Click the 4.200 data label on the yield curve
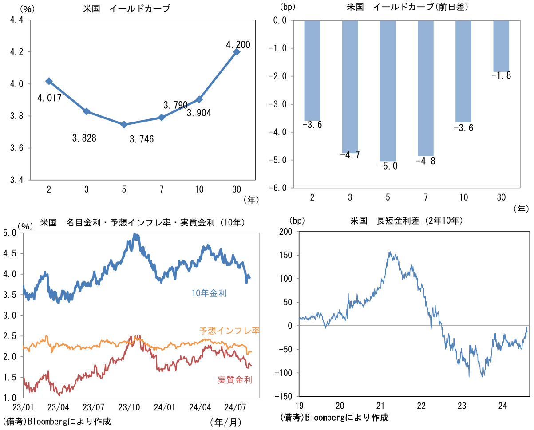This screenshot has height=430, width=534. coord(238,45)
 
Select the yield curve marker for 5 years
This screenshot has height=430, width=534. coord(124,125)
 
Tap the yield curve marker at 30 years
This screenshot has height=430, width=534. coord(237,52)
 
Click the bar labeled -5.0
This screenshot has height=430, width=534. coord(388,91)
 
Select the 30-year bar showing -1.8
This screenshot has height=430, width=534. coord(501,46)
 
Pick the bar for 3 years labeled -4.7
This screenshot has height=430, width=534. coord(350,87)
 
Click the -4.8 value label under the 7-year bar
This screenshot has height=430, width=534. coord(425,161)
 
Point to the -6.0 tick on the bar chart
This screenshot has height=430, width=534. coord(279,188)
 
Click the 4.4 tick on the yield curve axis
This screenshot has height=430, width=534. coord(16,20)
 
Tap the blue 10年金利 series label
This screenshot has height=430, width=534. coord(209,293)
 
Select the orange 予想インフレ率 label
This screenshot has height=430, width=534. coord(229,331)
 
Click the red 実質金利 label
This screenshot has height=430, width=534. coord(235,380)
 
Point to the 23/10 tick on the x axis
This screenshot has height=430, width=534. coord(130,406)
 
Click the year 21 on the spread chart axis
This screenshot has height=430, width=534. coord(380,406)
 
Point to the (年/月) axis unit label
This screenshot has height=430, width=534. coord(225,422)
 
